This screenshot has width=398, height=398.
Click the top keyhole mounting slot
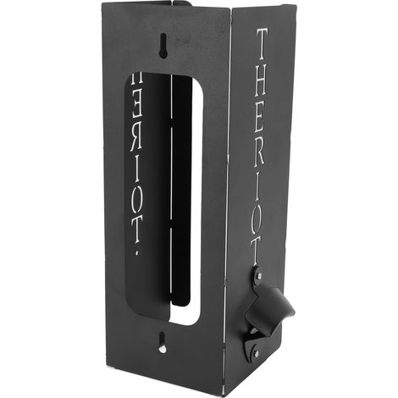click(163, 46)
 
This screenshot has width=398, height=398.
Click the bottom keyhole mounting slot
click(162, 342)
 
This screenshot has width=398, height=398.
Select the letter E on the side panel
click(260, 118)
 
